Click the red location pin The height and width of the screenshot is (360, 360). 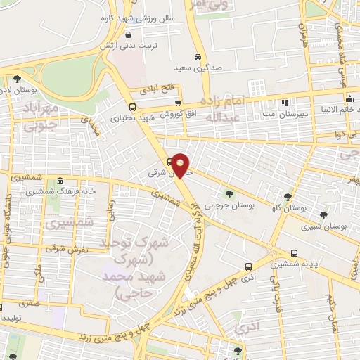[181, 165]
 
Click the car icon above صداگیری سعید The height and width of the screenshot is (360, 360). [198, 56]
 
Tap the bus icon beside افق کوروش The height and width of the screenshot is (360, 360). [134, 108]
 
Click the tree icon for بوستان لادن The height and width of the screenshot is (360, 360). [17, 79]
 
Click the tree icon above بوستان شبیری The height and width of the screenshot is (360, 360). [323, 215]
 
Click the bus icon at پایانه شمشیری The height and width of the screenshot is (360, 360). [294, 253]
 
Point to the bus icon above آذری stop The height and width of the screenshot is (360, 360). [248, 266]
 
